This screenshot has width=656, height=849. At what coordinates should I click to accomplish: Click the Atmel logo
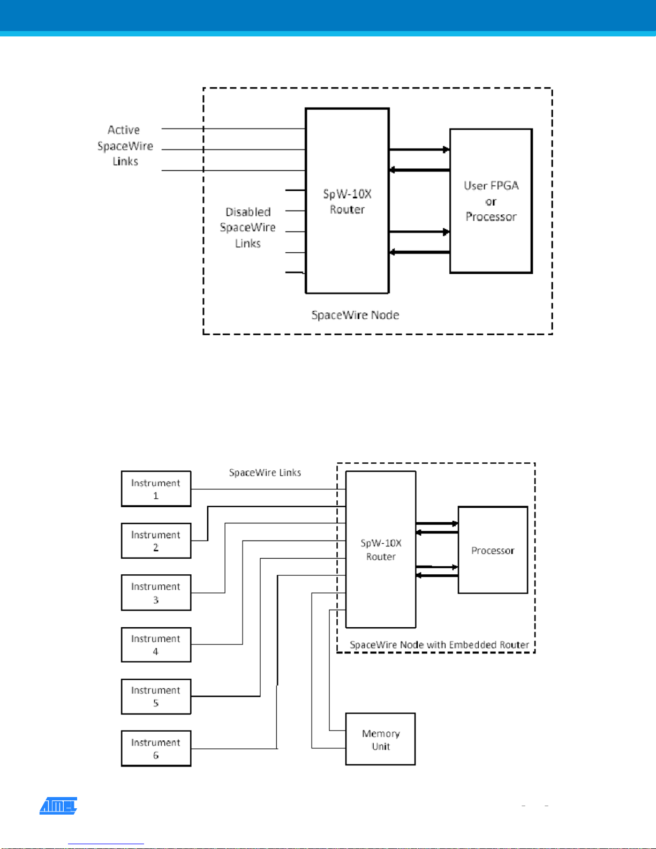point(58,806)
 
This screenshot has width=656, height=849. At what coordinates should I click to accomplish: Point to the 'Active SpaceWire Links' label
point(125,146)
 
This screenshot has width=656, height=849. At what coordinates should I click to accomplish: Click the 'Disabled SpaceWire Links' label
point(247,228)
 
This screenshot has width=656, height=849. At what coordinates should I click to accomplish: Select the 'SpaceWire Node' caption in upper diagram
point(355,315)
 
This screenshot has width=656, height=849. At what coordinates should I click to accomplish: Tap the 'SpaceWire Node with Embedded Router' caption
point(439,645)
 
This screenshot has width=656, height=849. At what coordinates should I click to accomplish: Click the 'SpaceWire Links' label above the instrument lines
point(265,472)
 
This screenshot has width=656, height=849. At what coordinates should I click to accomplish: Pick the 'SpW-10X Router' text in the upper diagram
point(347,201)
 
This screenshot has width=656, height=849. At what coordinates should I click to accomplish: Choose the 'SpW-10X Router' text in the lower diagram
point(381,550)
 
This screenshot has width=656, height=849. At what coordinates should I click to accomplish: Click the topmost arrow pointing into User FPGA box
point(419,149)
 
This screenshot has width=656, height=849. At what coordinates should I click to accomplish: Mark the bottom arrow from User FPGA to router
point(419,252)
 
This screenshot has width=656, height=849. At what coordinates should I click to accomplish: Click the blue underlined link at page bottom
point(106,844)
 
